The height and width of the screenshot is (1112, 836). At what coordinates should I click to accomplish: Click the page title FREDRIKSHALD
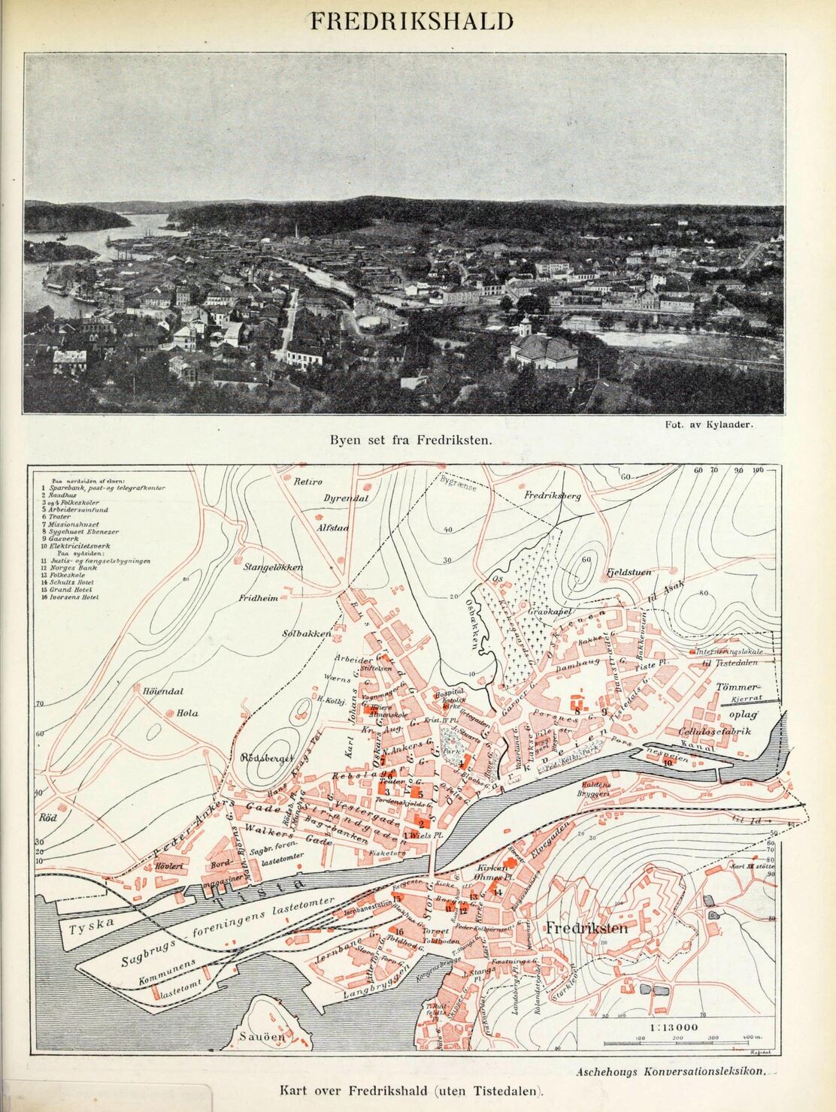(x=412, y=21)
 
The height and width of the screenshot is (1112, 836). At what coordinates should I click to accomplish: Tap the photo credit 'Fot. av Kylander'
(x=709, y=424)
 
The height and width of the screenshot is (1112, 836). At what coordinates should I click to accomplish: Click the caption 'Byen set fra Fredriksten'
(x=411, y=440)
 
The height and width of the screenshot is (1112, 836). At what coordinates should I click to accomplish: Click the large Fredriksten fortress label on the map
(x=586, y=929)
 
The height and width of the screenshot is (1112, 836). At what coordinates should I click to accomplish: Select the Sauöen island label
(x=262, y=1037)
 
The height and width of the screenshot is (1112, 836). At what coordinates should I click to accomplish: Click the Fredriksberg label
(x=553, y=497)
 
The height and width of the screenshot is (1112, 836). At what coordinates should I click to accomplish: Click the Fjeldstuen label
(x=629, y=573)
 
